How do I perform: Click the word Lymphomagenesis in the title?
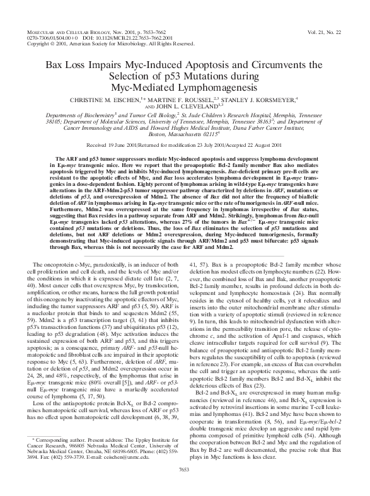pyautogui.click(x=216, y=86)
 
